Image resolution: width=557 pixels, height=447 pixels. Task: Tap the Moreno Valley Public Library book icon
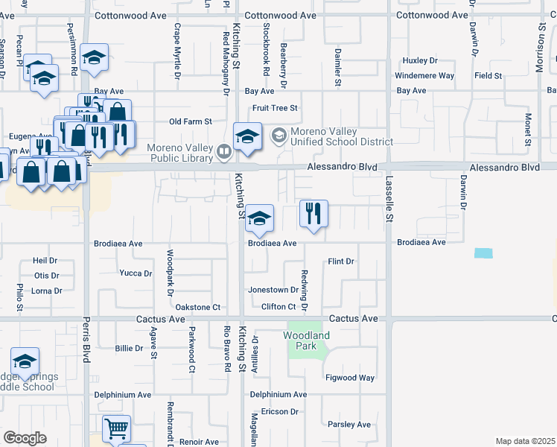223,153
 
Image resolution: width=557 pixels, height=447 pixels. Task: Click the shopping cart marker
116,430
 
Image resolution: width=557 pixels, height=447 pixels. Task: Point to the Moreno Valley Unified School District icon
279,136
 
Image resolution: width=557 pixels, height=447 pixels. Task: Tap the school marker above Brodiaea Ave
259,219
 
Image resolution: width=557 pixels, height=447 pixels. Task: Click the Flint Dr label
341,261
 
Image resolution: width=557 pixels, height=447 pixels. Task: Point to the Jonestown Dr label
273,290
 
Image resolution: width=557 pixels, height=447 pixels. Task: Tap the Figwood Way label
350,378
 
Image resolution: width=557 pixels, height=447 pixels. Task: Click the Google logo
25,438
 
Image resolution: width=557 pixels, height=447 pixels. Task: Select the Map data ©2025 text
524,441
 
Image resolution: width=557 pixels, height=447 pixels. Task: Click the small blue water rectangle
483,253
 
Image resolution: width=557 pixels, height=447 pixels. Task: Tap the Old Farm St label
191,121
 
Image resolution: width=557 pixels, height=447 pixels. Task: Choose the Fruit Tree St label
275,108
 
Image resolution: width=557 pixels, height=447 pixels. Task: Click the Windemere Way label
424,75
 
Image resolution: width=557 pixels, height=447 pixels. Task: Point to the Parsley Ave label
349,425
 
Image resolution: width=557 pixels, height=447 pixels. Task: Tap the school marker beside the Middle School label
25,362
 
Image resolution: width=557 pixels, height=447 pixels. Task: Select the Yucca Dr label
136,273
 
